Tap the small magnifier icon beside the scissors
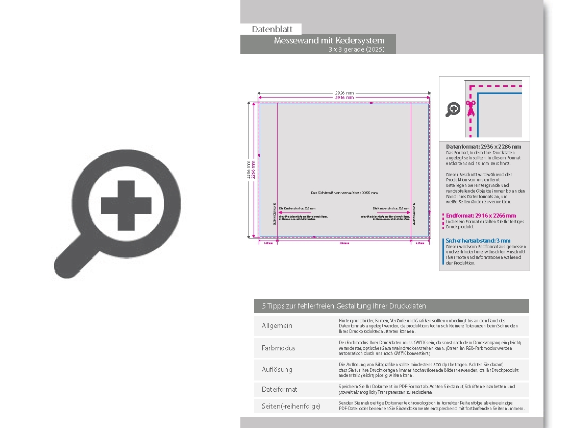click(453, 109)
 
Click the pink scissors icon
click(470, 108)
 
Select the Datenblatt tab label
click(272, 29)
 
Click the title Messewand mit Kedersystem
click(329, 40)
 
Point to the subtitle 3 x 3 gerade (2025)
click(356, 50)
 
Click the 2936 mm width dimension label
click(344, 92)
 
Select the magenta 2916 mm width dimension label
click(344, 97)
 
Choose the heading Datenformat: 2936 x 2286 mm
click(483, 147)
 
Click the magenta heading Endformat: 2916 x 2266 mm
click(481, 216)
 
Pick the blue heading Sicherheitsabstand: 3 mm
click(478, 241)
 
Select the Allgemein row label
click(277, 326)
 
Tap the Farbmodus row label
click(279, 348)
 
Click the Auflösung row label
click(277, 369)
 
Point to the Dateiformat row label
click(280, 389)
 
